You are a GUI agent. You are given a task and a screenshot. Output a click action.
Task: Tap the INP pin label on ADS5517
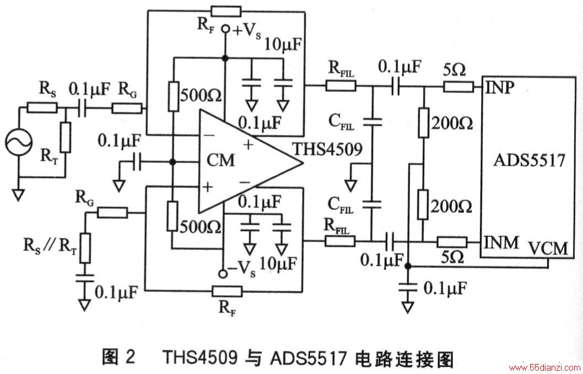(x=499, y=87)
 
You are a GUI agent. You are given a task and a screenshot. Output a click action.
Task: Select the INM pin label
(x=501, y=243)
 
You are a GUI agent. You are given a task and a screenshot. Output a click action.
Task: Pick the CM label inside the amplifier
(x=220, y=161)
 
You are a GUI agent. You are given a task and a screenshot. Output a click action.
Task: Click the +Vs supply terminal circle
(x=225, y=29)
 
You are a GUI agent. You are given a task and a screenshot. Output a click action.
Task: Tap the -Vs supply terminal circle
(x=223, y=274)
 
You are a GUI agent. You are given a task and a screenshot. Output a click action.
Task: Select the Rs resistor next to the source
(x=42, y=108)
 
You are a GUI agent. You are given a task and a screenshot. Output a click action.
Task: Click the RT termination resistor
(x=66, y=137)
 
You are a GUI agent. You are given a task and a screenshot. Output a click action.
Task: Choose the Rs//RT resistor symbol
(x=85, y=248)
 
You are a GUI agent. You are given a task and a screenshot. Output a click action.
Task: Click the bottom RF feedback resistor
(x=227, y=291)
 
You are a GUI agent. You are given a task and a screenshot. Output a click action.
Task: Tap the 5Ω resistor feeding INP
(x=458, y=88)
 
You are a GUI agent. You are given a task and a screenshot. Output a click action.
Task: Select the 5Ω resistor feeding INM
(x=452, y=242)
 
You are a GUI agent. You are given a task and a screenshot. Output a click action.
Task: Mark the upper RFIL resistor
(x=341, y=87)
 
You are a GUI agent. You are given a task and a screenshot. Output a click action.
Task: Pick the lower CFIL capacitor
(x=372, y=203)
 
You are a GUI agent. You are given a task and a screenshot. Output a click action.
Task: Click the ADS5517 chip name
(x=530, y=161)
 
